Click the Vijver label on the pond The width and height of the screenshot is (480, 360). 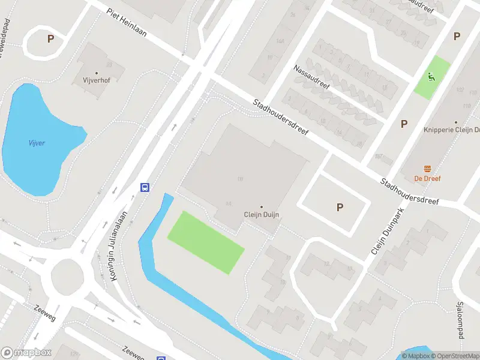click(37, 143)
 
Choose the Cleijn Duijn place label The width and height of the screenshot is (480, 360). click(261, 214)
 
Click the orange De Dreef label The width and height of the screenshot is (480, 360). click(428, 178)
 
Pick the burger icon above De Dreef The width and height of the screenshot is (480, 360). click(428, 168)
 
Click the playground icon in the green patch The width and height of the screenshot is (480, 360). click(431, 76)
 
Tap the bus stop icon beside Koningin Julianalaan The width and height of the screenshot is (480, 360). click(145, 187)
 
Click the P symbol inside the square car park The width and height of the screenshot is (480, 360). click(340, 208)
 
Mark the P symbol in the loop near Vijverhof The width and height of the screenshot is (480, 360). click(50, 38)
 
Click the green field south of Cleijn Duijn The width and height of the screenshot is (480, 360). click(206, 242)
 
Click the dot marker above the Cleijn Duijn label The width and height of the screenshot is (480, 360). click(261, 206)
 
